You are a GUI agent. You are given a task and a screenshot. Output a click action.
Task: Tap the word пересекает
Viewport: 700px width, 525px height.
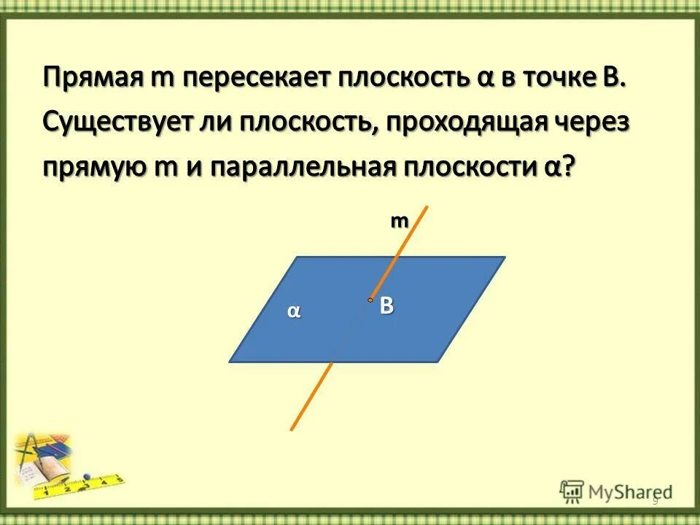pos(253,77)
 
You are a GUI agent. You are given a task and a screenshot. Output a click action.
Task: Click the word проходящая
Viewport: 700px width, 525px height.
pos(473,122)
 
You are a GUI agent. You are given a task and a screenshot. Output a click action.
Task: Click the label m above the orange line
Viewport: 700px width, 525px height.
pos(398,223)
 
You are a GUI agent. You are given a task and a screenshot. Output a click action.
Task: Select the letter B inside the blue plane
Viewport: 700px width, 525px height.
pos(386,307)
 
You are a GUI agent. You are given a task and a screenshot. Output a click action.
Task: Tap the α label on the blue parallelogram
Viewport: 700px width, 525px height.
pos(293,311)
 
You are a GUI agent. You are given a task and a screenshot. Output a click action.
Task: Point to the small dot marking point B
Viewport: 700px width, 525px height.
pos(370,300)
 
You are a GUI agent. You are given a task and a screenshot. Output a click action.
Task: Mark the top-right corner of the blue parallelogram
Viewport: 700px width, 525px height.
pos(503,258)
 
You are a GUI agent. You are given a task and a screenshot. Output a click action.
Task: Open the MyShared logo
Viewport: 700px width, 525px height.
pos(616,492)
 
